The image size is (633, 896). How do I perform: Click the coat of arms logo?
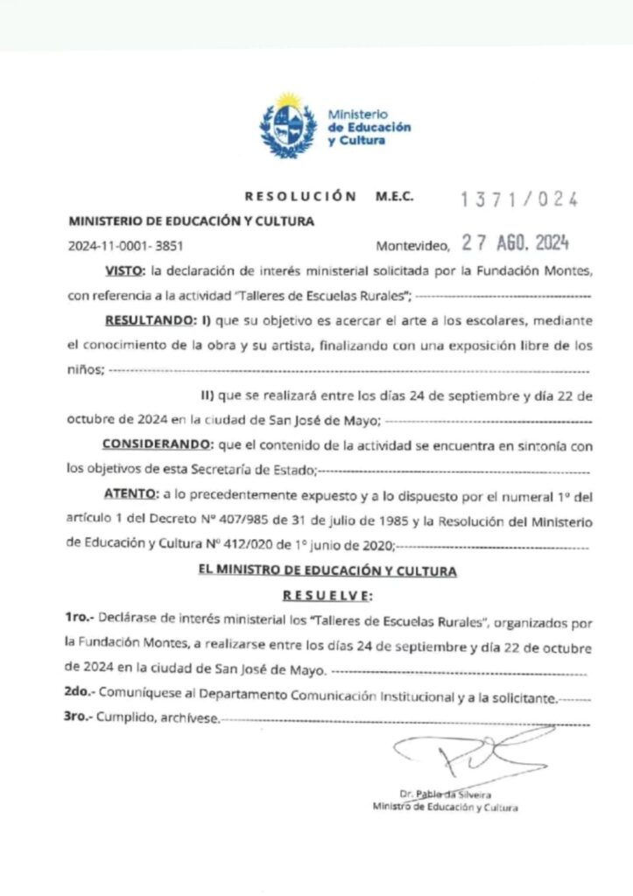tap(287, 126)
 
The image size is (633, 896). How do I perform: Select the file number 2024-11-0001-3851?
tap(125, 246)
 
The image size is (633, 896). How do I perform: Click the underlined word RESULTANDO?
tap(144, 321)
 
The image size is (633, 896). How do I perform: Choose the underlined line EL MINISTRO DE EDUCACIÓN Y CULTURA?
tap(327, 572)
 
